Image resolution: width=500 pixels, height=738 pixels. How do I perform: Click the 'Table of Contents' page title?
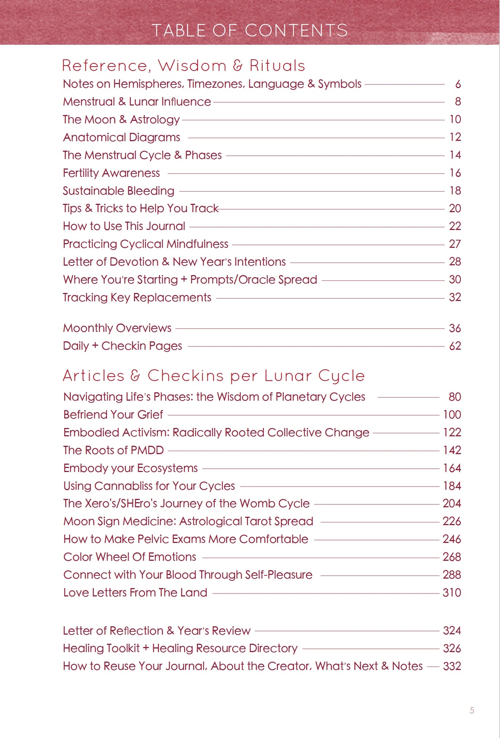pos(250,30)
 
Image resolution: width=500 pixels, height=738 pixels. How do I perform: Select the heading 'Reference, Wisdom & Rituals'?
pos(183,66)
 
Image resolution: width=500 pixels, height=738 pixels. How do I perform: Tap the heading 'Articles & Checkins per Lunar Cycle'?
pos(214,376)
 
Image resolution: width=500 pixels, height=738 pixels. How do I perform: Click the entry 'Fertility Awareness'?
pos(111,173)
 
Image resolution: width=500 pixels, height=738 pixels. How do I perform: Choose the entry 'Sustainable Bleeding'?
pos(119,191)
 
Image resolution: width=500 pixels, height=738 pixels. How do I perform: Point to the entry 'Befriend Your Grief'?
pos(113,414)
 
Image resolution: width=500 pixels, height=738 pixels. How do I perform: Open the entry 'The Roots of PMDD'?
pos(114,450)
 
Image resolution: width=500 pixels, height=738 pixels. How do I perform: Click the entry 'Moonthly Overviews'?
pos(117,328)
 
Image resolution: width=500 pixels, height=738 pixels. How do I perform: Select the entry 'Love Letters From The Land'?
pos(135,592)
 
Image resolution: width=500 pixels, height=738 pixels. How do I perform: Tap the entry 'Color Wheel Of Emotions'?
pos(130,557)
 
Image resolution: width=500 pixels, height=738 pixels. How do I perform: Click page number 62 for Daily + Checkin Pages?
pos(455,346)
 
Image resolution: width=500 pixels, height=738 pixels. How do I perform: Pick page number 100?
pos(452,414)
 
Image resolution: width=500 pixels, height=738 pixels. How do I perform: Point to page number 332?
pos(452,666)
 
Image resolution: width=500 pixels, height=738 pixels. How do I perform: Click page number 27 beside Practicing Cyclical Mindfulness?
pos(455,244)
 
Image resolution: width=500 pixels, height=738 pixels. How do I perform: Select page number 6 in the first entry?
pos(458,84)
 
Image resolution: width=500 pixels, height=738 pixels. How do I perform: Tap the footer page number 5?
pos(472,710)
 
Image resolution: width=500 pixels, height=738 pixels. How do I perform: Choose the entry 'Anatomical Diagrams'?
pos(122,137)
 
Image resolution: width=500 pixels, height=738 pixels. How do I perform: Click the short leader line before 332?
pos(433,666)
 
